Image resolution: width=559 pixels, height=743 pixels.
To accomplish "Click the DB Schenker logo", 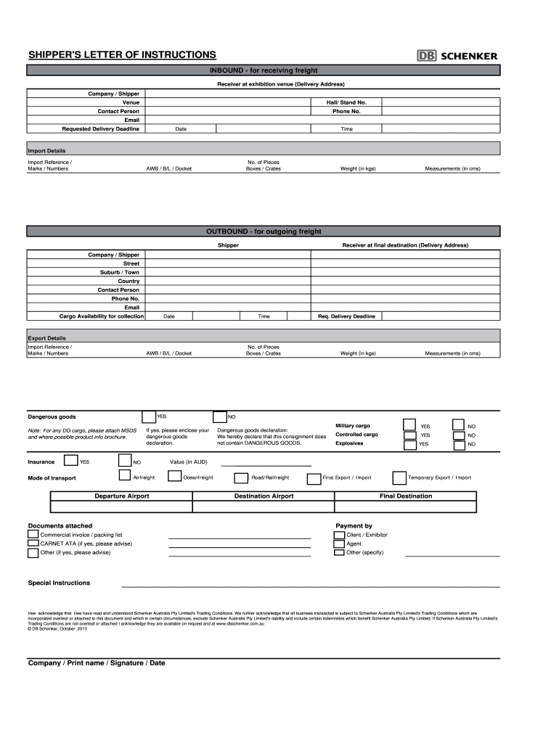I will click(x=457, y=55).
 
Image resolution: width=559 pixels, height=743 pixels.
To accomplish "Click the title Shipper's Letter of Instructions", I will click(x=122, y=54).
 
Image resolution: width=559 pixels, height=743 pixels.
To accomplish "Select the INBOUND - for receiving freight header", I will click(x=264, y=70).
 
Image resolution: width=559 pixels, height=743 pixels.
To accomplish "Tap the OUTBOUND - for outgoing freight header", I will click(x=264, y=231).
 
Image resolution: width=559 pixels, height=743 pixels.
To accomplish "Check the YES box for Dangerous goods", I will click(x=149, y=416).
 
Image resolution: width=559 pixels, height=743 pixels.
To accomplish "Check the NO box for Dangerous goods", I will click(x=219, y=416).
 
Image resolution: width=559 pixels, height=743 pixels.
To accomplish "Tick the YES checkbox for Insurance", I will click(x=71, y=460).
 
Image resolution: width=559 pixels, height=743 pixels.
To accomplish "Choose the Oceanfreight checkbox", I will click(x=174, y=477).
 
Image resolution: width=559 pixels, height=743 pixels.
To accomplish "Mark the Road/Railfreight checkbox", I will click(x=240, y=478).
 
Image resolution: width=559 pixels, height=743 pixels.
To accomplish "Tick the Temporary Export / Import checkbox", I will click(x=399, y=477).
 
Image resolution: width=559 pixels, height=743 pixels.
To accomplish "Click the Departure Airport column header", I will click(x=122, y=496).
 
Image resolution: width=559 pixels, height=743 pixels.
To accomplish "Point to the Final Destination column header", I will click(x=405, y=496).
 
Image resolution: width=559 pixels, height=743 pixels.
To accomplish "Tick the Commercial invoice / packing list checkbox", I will click(x=33, y=535).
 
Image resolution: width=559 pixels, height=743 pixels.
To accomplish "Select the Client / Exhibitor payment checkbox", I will click(x=339, y=535).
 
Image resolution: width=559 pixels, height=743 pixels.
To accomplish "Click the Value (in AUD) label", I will click(x=189, y=461).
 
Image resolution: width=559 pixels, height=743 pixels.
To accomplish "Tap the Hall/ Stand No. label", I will click(x=346, y=103).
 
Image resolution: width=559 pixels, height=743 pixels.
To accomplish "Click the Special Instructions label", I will click(x=59, y=583).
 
